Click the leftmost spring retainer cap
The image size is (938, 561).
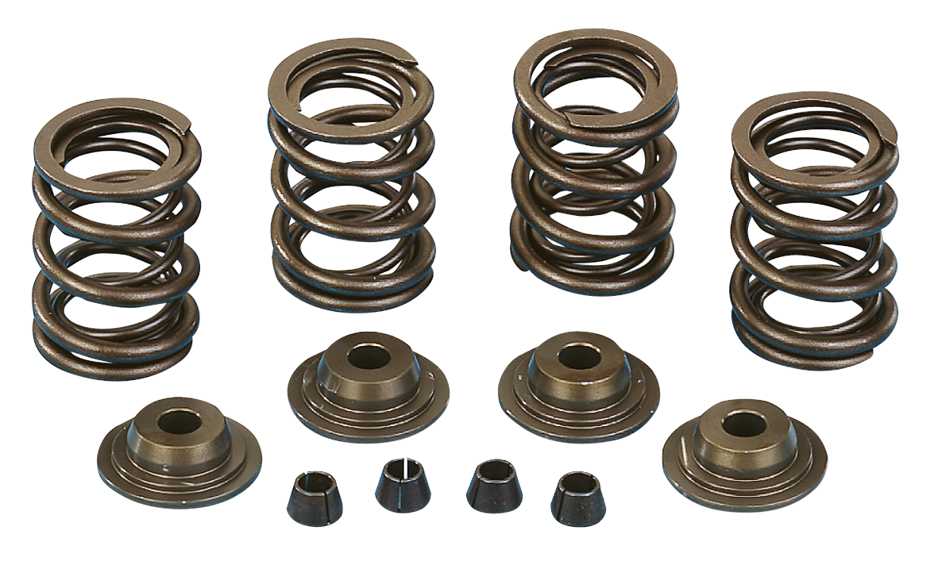click(x=179, y=452)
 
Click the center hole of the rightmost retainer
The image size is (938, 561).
click(x=743, y=424)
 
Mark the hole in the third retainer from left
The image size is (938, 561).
click(x=577, y=355)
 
